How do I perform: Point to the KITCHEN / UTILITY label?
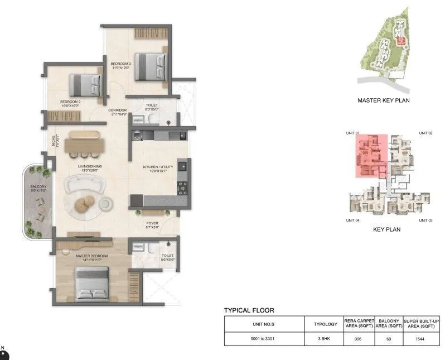[158, 169]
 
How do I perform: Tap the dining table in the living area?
[85, 145]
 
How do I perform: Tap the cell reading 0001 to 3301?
[264, 339]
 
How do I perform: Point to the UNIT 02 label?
[427, 133]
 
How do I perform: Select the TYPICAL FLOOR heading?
[249, 310]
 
